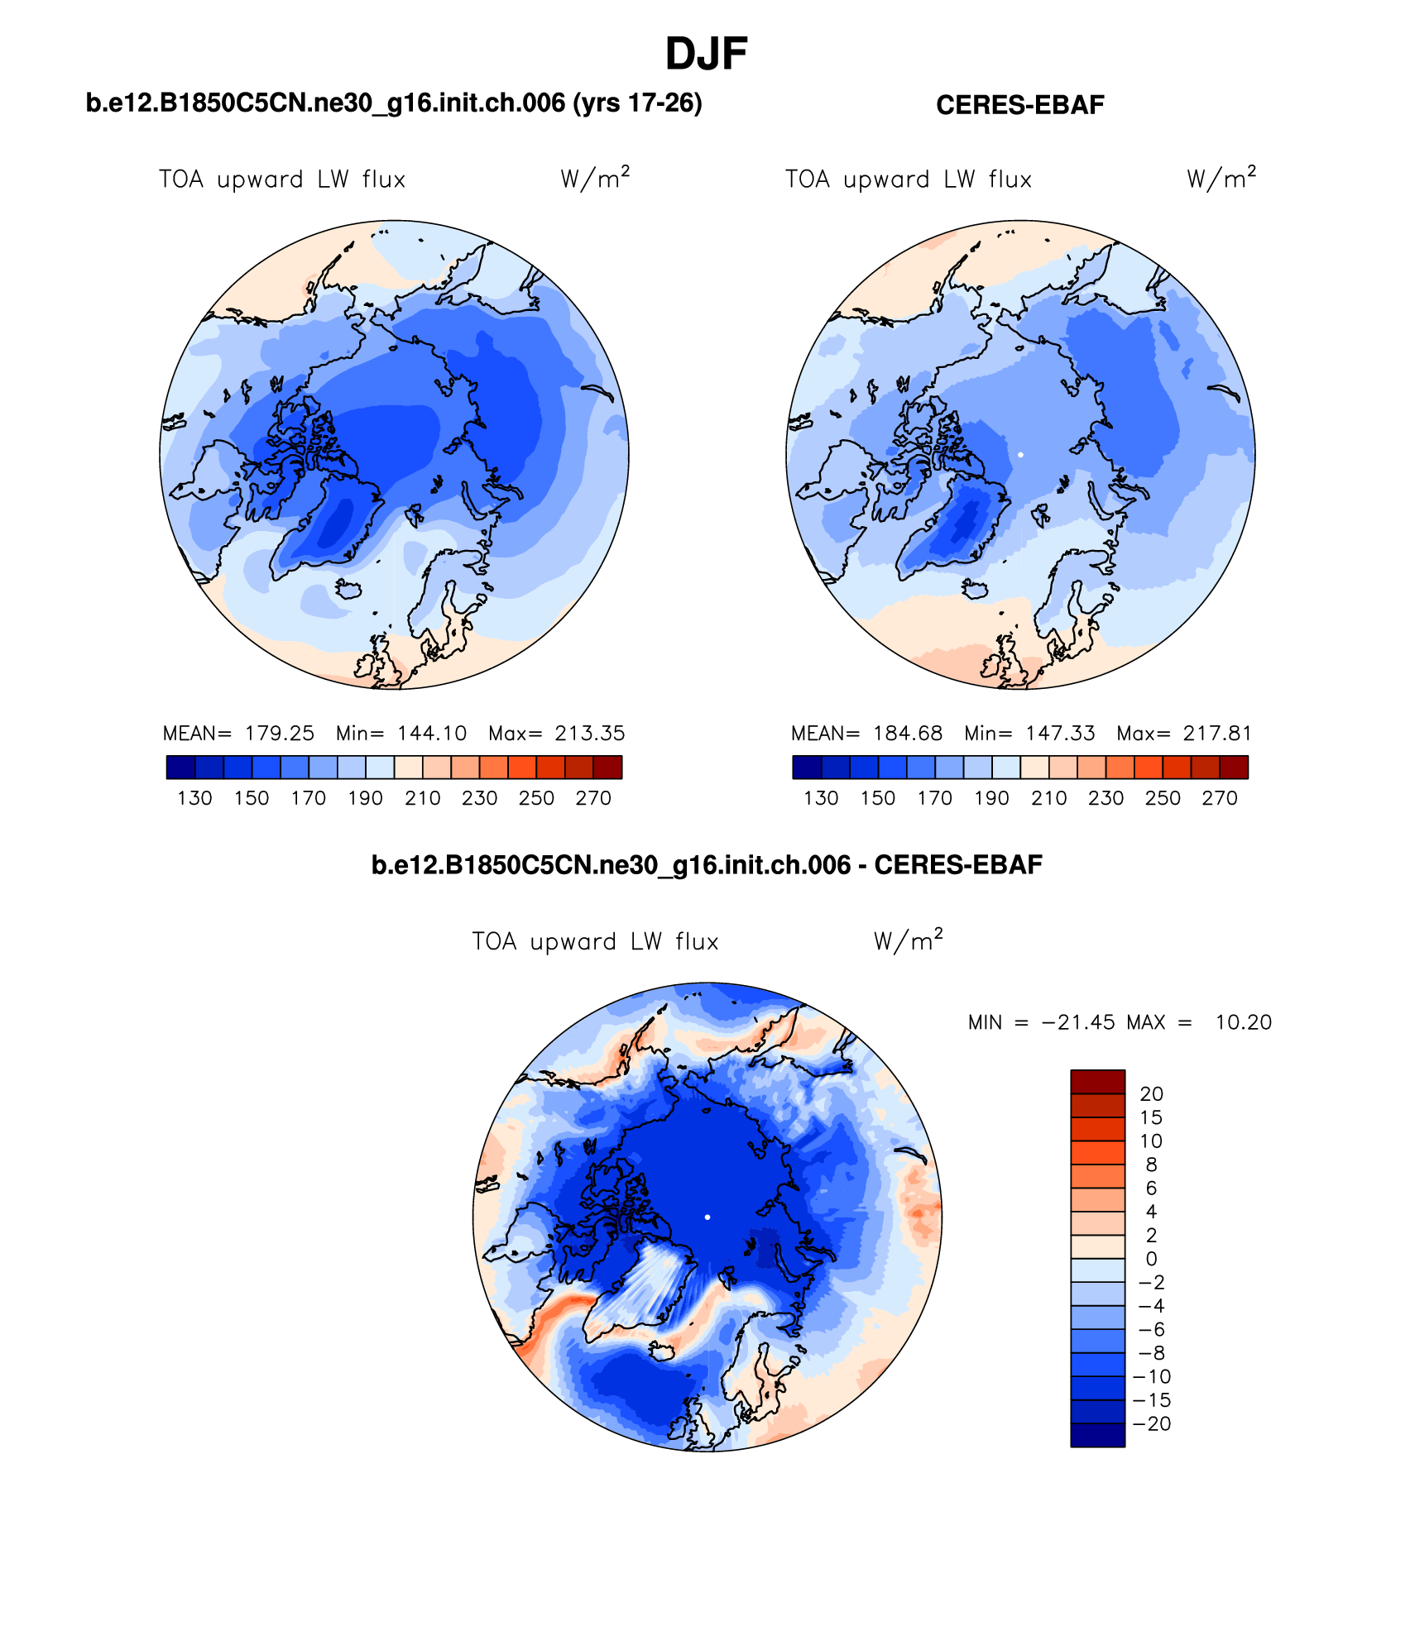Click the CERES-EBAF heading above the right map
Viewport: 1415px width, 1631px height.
pos(1019,105)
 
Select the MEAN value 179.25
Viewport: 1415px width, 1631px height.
pos(279,733)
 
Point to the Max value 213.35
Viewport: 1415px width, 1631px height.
pos(589,733)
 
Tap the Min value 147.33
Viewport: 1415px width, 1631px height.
pos(1060,733)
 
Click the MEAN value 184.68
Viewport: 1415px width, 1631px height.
pos(907,733)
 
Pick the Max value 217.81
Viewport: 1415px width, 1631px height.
pos(1217,733)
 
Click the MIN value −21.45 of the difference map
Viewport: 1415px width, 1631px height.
pos(1077,1022)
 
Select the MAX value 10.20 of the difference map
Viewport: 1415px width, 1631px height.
pos(1243,1022)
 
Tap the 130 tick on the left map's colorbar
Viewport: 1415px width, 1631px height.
pos(194,798)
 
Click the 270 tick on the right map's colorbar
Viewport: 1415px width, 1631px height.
pos(1219,798)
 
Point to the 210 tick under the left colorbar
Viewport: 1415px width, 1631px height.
pos(422,798)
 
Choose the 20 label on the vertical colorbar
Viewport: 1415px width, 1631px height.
pos(1151,1093)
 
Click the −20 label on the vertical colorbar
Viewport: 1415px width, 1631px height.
pos(1152,1423)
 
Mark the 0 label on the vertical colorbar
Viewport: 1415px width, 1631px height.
pos(1151,1259)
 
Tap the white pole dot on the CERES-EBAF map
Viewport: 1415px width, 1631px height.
pos(1020,455)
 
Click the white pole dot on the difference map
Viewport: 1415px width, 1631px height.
pos(707,1217)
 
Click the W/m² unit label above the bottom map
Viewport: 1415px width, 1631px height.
pos(908,941)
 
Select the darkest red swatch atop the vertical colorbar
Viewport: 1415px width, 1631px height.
pos(1097,1082)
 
